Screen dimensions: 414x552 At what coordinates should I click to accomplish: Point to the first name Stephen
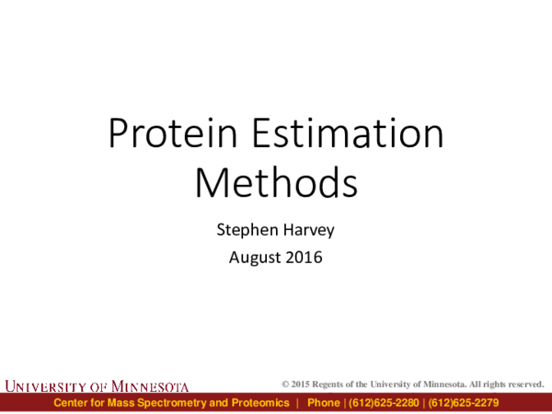pos(242,227)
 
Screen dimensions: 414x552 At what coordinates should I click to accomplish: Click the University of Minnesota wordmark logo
pos(98,385)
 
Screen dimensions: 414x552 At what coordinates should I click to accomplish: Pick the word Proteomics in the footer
pos(262,404)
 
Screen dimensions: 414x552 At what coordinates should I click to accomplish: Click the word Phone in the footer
pos(324,404)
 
